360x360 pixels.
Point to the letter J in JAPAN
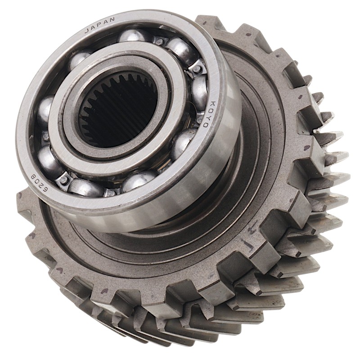tap(87, 31)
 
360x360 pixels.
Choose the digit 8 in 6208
tap(33, 176)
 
